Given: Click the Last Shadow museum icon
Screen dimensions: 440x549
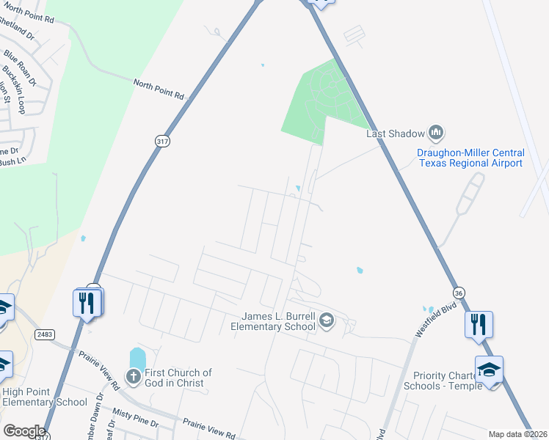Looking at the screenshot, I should click(x=437, y=133).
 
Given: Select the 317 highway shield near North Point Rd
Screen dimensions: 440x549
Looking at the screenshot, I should click(x=163, y=142).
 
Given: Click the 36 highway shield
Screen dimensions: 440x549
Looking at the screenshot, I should click(x=459, y=292).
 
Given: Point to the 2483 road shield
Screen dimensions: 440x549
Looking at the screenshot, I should click(x=44, y=334).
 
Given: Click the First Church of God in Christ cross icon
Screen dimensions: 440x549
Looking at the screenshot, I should click(x=133, y=378).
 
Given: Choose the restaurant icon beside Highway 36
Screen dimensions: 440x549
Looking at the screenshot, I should click(x=479, y=323).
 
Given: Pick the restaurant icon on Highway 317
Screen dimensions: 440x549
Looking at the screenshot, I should click(x=87, y=301).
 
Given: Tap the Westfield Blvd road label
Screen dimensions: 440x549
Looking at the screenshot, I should click(x=431, y=320).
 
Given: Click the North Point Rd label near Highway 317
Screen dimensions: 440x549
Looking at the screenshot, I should click(x=159, y=89).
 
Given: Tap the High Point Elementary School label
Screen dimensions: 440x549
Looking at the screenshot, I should click(x=44, y=397).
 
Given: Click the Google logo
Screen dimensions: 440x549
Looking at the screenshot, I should click(x=23, y=430).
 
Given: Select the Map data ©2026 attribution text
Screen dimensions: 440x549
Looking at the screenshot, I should click(x=517, y=434).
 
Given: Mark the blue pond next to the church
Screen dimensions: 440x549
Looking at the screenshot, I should click(x=137, y=359).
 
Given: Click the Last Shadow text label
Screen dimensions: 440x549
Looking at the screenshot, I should click(x=396, y=133).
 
